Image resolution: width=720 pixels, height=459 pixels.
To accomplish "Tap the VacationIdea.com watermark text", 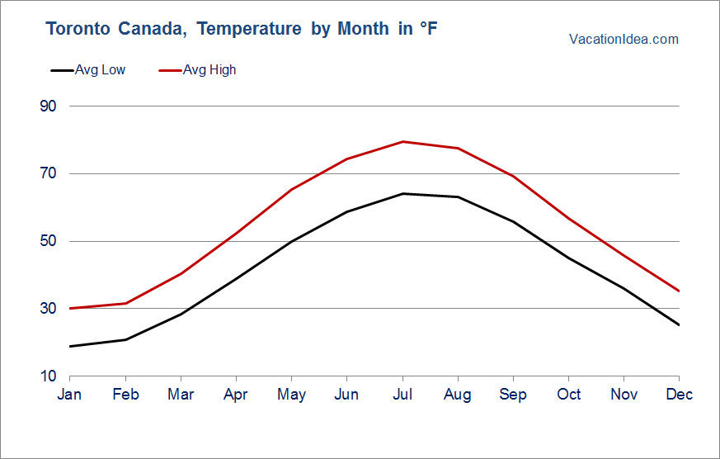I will pos(624,39).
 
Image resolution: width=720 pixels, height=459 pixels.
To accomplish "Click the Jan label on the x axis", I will pos(70,395).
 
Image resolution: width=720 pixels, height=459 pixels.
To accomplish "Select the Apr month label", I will pos(236,395).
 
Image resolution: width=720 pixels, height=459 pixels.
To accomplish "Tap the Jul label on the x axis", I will pos(402,395).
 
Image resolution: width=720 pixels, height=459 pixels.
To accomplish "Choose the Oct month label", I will pos(569,395).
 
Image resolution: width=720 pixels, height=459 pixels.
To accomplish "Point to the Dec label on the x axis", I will pos(680,395).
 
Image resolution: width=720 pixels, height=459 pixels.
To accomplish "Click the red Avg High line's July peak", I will pos(402,142).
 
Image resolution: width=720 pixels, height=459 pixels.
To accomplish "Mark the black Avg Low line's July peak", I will pos(402,193).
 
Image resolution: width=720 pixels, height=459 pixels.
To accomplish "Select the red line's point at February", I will pos(125,303).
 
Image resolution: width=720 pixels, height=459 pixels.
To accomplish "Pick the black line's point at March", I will pos(181,314).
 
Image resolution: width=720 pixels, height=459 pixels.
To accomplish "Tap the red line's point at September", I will pos(513,176).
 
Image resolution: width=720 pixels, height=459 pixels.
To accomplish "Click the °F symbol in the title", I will pos(428,29).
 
